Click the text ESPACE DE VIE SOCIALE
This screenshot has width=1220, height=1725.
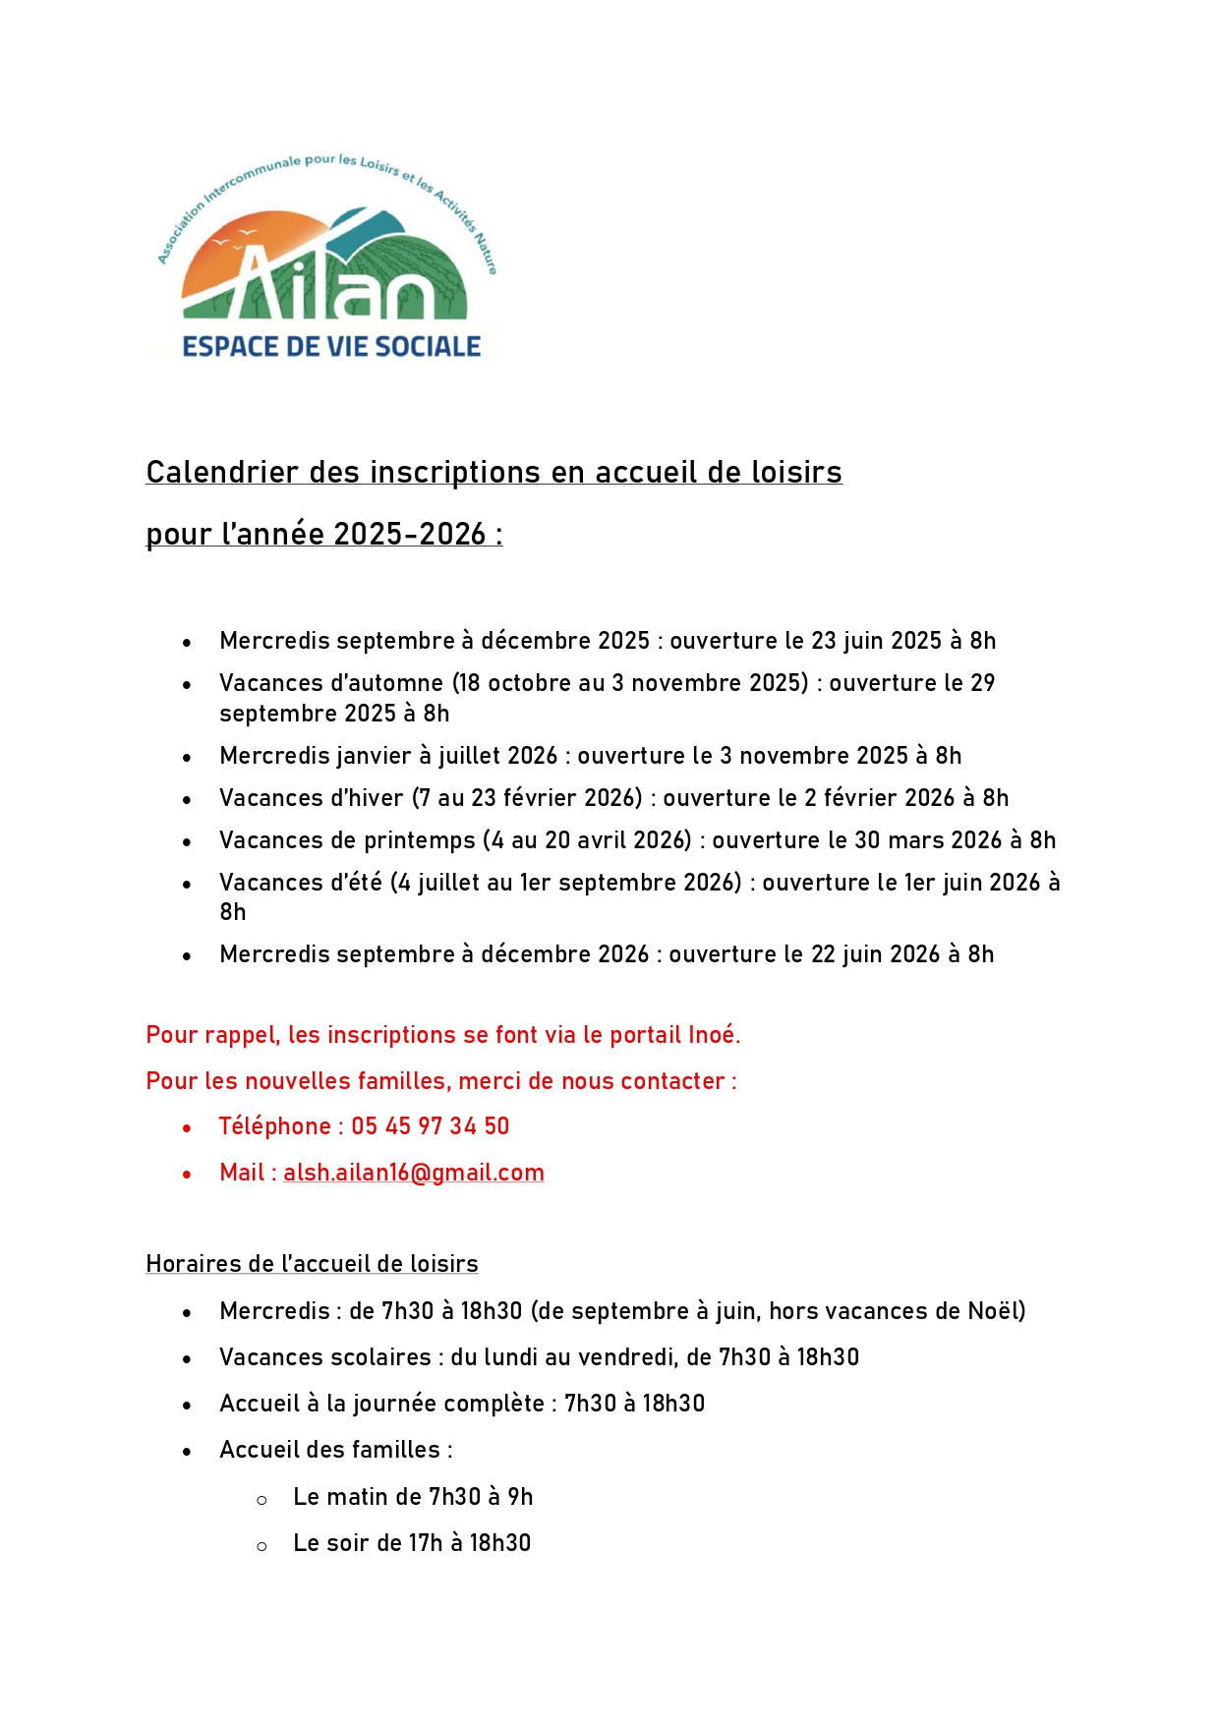click(331, 347)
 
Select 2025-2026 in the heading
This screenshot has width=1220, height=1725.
click(410, 535)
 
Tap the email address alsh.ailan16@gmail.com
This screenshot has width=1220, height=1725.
click(414, 1173)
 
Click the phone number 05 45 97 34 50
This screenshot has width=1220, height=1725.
click(431, 1126)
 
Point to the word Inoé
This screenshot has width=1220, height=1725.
click(712, 1035)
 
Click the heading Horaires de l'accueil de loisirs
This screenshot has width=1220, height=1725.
click(312, 1264)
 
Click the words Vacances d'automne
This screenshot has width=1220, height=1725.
click(331, 683)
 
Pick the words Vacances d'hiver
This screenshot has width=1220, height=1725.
click(312, 798)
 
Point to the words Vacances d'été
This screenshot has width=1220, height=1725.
click(301, 883)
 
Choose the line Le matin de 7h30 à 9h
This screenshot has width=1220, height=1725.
click(413, 1497)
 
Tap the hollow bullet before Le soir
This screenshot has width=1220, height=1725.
click(261, 1546)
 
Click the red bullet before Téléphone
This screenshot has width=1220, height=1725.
click(187, 1128)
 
